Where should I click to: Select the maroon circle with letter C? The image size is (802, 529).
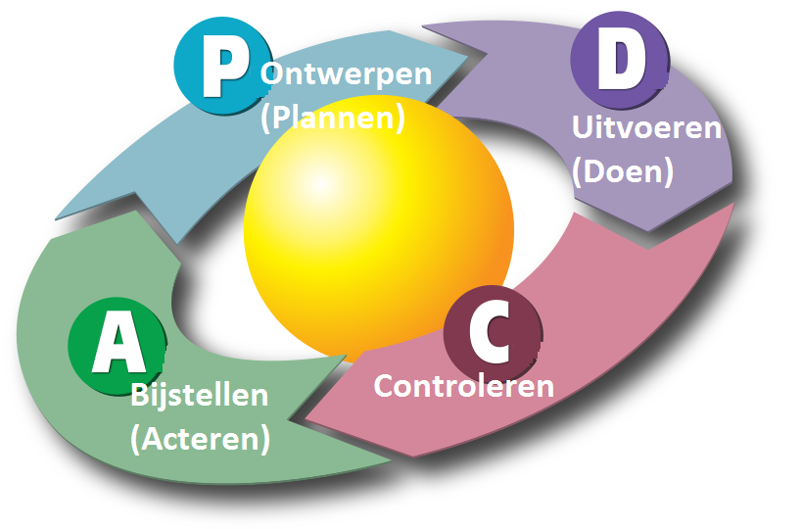tap(492, 329)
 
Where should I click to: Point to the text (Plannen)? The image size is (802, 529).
tap(333, 118)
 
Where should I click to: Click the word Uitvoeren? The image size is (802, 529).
tap(645, 128)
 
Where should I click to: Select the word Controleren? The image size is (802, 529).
tap(464, 385)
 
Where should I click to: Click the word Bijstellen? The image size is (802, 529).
tap(200, 396)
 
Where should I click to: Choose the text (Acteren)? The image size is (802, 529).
tap(200, 439)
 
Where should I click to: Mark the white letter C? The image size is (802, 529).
tap(491, 331)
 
